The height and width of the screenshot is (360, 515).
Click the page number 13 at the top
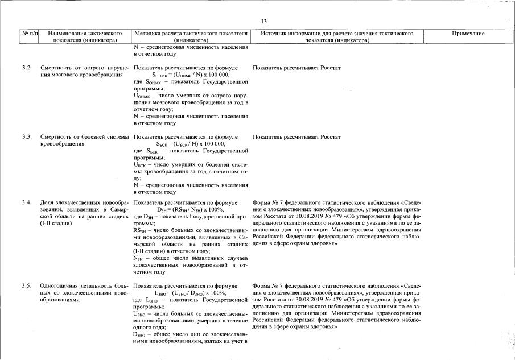(264, 21)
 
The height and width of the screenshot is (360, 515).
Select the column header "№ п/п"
(30, 34)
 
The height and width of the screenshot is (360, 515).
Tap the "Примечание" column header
(468, 34)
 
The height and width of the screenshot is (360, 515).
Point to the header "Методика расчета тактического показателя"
(191, 34)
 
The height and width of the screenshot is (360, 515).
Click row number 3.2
(27, 68)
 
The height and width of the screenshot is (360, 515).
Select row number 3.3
(27, 137)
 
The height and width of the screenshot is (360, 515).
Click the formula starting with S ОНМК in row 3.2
(191, 75)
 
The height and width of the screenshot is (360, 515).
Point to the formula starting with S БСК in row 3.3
(191, 144)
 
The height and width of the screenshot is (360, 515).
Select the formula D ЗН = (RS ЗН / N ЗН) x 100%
(191, 209)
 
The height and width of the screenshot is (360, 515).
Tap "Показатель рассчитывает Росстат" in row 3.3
(296, 137)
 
